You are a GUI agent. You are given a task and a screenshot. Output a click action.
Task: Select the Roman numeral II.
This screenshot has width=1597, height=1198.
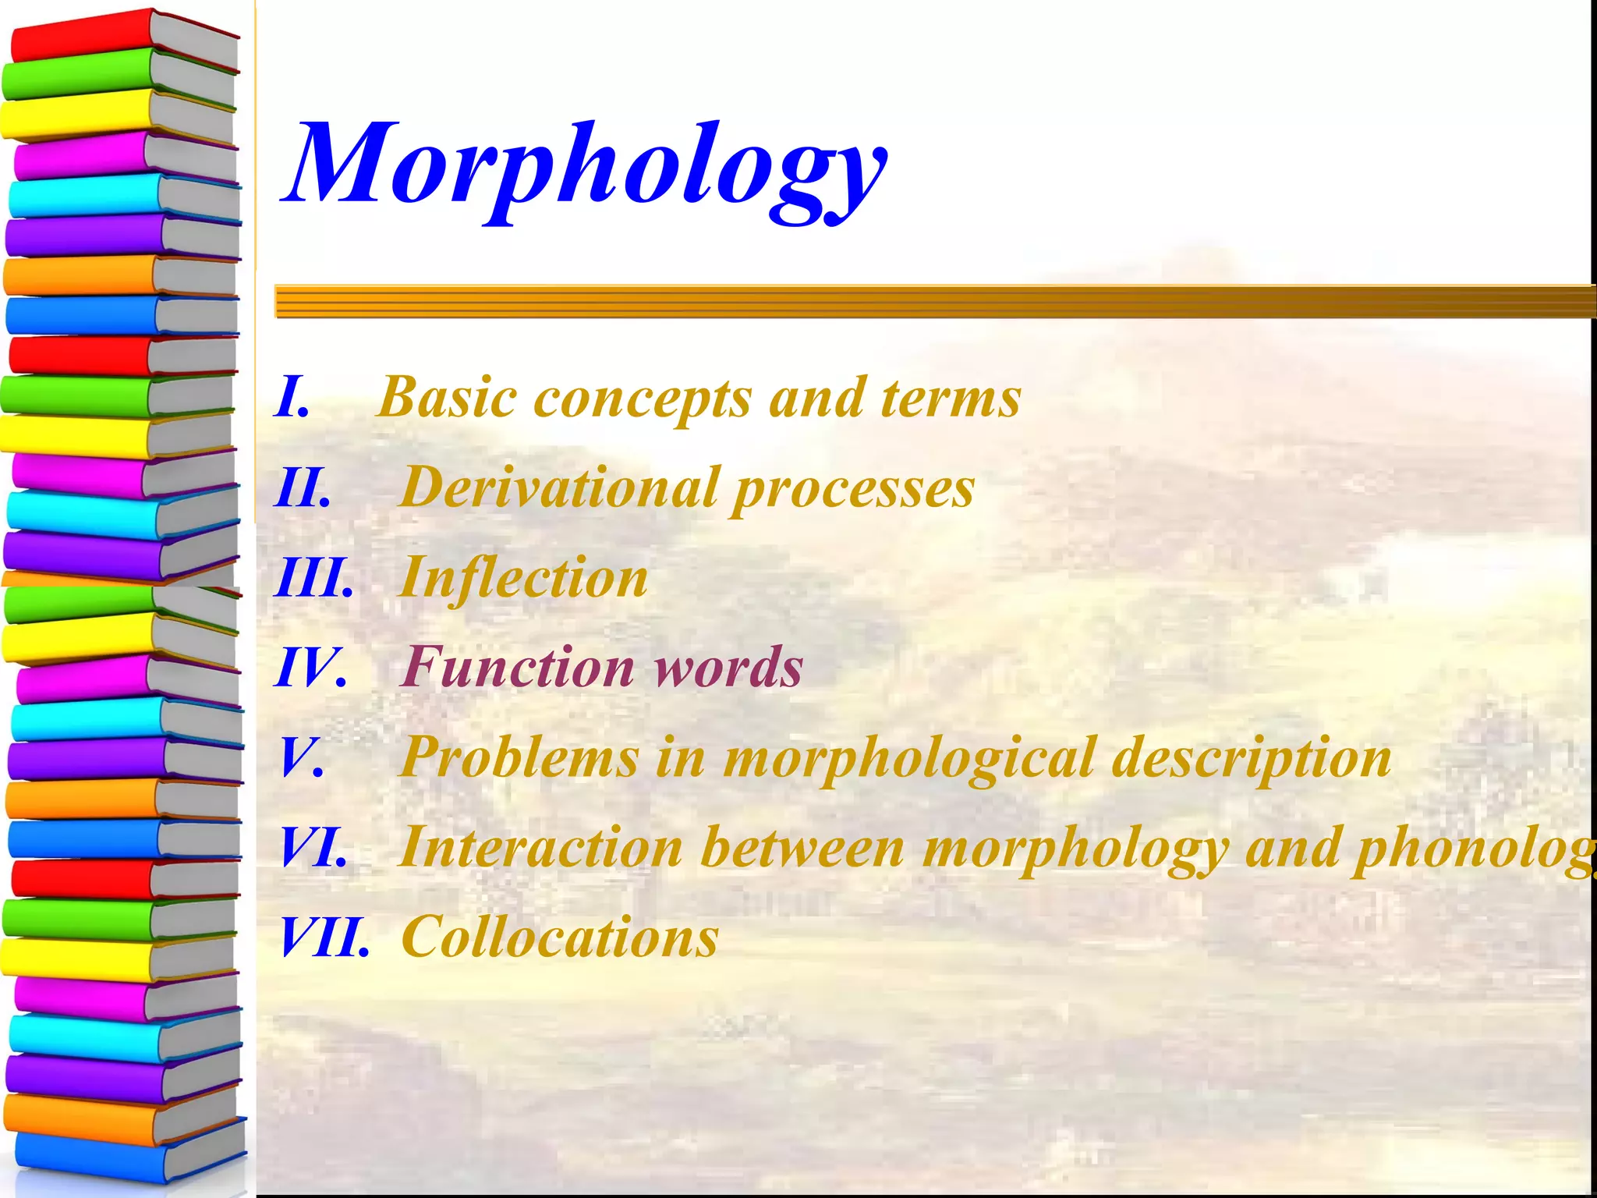(303, 488)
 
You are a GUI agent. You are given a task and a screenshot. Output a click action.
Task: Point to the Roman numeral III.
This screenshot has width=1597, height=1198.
(313, 579)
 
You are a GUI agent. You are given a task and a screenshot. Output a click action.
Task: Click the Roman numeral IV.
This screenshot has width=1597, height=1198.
(310, 668)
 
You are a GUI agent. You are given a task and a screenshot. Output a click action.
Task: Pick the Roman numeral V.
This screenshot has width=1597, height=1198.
(301, 758)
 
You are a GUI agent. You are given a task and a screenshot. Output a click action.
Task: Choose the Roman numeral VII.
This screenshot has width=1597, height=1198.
(324, 937)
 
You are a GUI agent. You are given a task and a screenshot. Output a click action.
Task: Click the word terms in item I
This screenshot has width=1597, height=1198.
(951, 398)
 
